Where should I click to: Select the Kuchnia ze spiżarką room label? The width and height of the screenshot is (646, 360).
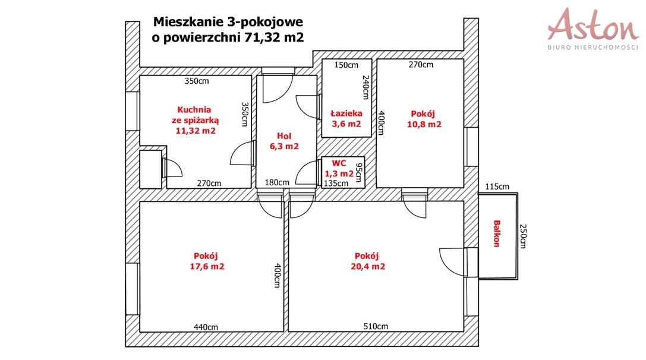point(196,120)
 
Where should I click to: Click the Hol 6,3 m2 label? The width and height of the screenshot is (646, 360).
point(284,141)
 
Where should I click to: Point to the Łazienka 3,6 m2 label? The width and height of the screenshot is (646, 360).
point(346,119)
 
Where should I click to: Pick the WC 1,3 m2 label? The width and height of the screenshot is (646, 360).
point(339,169)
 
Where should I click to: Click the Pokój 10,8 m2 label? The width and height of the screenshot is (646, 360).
point(424,119)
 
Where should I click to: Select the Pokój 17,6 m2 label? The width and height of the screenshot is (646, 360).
point(207,261)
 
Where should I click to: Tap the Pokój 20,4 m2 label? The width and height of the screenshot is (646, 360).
point(368,261)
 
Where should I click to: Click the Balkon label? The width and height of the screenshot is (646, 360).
point(497,233)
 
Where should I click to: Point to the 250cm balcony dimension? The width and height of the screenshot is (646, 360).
point(523,236)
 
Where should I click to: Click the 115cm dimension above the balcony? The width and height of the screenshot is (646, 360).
point(497,187)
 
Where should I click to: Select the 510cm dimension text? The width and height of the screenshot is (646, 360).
point(376,326)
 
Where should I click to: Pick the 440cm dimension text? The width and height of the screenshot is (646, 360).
point(206,327)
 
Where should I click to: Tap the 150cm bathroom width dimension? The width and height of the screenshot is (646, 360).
point(346,65)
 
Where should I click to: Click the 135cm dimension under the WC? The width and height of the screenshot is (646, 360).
point(336,184)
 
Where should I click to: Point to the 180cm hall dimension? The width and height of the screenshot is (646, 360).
point(277,182)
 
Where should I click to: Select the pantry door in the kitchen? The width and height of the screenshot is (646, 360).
point(172,168)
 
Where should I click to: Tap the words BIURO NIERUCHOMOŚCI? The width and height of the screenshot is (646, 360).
point(593,48)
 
